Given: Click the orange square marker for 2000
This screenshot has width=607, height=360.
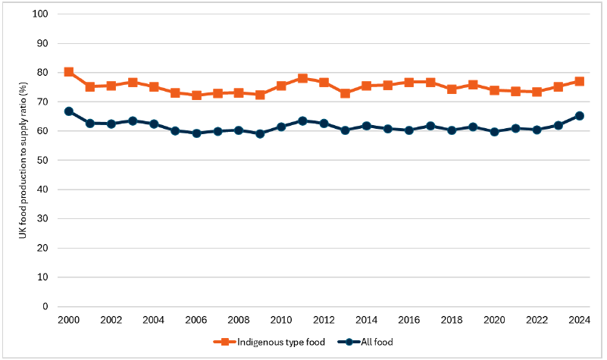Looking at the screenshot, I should (69, 72).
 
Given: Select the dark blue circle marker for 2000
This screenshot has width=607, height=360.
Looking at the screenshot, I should (69, 111).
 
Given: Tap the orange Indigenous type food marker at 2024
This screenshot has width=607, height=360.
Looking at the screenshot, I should (579, 81).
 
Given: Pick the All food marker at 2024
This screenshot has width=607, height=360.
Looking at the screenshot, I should (579, 116).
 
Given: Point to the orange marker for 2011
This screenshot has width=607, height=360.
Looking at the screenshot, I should (302, 78).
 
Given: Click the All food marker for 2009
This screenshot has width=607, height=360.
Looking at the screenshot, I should (260, 133).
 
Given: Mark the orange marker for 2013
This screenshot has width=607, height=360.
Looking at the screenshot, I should (345, 93).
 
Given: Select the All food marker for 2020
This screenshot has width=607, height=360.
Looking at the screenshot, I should (494, 132).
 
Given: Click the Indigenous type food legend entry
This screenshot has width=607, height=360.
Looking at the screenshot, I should (271, 342).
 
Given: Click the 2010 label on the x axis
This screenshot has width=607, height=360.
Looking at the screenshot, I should (281, 321).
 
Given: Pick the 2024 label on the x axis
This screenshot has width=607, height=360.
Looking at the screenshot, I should (579, 321).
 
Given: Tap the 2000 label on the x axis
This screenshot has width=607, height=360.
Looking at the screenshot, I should (69, 321).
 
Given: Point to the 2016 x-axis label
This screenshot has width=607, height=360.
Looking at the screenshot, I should (408, 321).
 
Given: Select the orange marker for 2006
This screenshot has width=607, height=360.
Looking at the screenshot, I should (196, 95).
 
